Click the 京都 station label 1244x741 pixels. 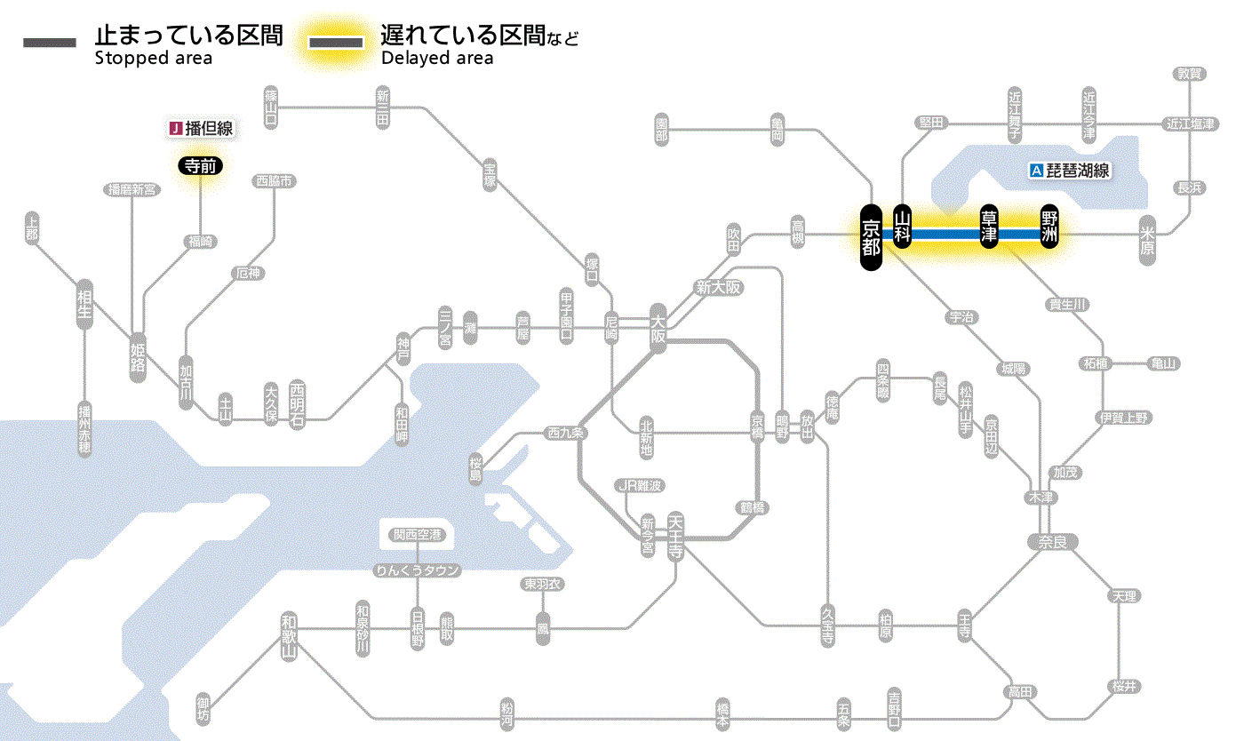[871, 236]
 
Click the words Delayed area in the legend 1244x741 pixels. [436, 59]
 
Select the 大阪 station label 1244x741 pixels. [658, 329]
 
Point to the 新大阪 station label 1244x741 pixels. [718, 287]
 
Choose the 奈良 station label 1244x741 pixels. [1051, 541]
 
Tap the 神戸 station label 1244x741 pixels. [403, 348]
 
